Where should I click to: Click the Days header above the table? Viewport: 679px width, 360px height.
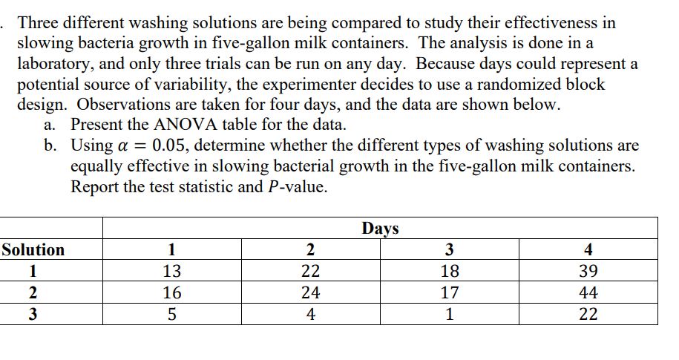coord(380,228)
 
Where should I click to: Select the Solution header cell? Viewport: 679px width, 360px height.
coord(33,250)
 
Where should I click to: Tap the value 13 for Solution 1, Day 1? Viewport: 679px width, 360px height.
coord(171,272)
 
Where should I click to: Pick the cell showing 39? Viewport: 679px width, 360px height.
coord(588,272)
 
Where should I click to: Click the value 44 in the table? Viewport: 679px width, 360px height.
coord(588,293)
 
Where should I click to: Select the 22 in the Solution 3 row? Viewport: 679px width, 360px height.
coord(588,315)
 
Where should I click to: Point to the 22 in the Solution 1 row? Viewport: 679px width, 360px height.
coord(310,272)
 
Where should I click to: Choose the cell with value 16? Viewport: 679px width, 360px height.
coord(171,293)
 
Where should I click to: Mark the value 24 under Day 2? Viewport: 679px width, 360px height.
coord(310,293)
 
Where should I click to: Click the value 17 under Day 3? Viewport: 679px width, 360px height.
coord(450,293)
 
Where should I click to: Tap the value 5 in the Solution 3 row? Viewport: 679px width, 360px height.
coord(171,315)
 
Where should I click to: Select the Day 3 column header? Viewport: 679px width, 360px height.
coord(450,250)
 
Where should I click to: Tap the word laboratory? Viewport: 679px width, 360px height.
coord(59,64)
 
